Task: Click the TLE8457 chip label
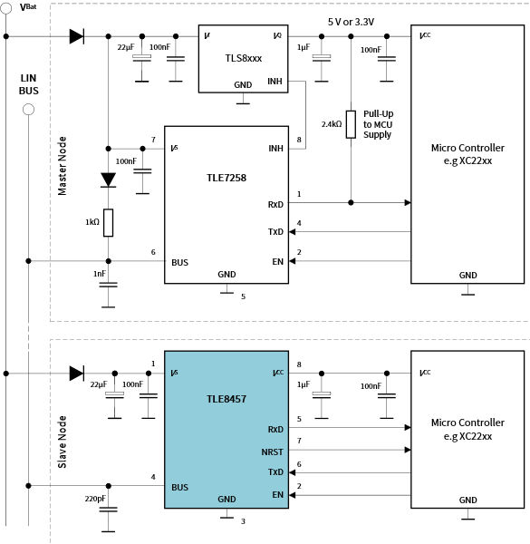tap(225, 397)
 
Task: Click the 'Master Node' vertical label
tap(63, 166)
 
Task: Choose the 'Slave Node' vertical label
tap(63, 442)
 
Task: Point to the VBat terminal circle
tap(6, 9)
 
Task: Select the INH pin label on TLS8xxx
tap(275, 81)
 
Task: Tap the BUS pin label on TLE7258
tap(179, 261)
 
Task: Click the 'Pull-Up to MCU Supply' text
tap(377, 123)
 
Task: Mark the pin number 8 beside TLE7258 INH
tap(298, 140)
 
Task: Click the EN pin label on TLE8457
tap(276, 495)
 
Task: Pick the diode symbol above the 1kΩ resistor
tap(108, 180)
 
